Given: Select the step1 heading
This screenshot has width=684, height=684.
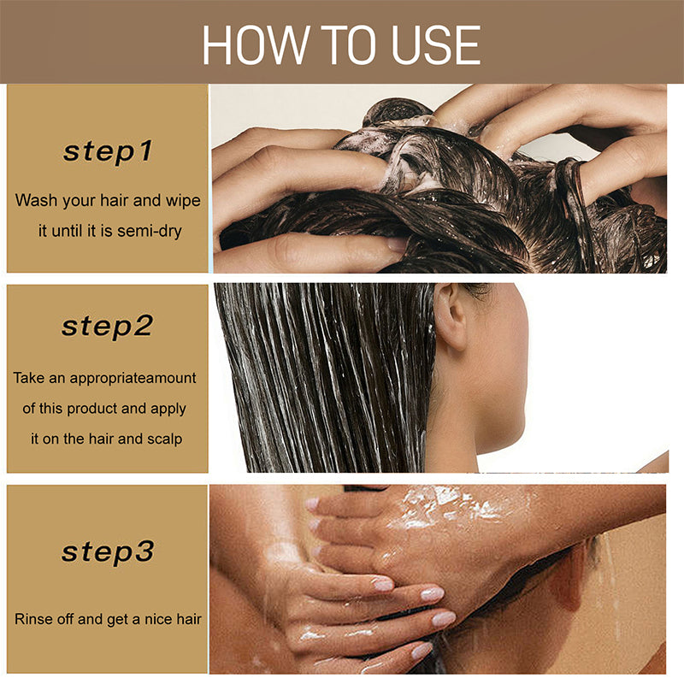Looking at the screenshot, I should pos(108,152).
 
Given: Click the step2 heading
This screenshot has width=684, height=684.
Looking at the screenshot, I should pos(108,327).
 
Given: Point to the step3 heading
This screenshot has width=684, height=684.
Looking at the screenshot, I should pos(108,551).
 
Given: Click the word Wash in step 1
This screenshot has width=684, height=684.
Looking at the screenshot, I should pos(34,201).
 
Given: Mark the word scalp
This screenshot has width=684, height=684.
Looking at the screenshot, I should pos(164,439).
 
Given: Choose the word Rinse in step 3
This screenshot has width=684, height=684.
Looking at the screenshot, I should pos(33,618).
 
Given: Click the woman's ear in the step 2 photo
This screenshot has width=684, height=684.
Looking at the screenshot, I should pos(451,315).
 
